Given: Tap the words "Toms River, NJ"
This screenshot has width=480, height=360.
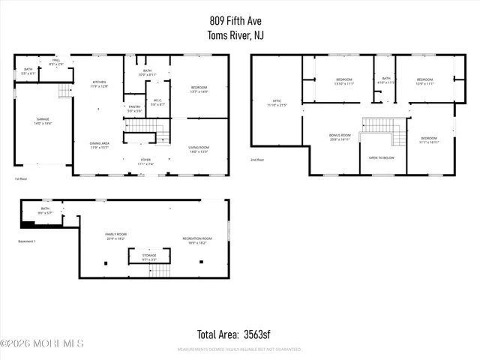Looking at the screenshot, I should click(240, 35).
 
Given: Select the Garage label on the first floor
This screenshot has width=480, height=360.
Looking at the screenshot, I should click(43, 121).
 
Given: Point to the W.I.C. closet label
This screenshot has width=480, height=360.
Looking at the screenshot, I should click(157, 101).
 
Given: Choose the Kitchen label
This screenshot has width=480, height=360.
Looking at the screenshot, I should click(99, 84).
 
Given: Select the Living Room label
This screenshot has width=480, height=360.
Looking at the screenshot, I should click(199, 149).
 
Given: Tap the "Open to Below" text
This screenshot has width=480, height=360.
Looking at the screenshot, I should click(382, 158).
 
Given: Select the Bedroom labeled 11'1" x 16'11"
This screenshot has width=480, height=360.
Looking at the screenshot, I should click(428, 140).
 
